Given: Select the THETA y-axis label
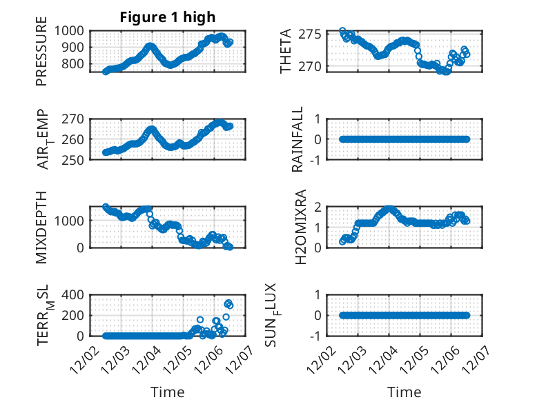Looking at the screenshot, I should coord(285,51).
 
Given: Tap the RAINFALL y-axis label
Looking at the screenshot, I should coord(297,139).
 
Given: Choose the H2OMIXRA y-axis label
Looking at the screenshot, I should coord(301,226).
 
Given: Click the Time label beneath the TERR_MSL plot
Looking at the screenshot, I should coord(168,392).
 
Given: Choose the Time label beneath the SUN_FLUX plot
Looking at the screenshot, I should coord(404,392).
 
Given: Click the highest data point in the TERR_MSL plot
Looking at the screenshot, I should coord(228,303).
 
